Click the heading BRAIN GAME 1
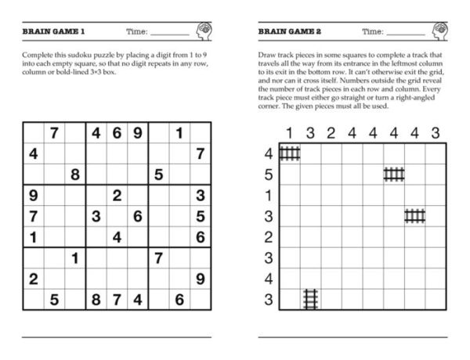(54, 31)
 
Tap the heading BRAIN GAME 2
(289, 31)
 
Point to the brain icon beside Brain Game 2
(439, 31)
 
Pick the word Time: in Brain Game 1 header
(137, 31)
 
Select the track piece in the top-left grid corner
(290, 153)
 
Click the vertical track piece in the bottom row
(310, 299)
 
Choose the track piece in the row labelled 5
(394, 174)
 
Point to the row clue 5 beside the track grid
(269, 175)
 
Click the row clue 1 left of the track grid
(269, 195)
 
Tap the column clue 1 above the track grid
(289, 132)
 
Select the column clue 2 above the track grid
(331, 132)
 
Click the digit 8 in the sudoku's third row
(75, 175)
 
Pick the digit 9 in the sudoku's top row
(138, 134)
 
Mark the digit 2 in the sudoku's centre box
(117, 196)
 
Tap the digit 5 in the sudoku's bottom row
(54, 300)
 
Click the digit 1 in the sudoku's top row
(179, 134)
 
